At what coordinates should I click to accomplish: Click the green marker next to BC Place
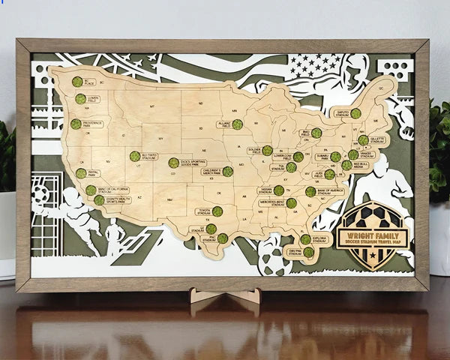click(77, 82)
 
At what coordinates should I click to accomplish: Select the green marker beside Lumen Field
click(80, 99)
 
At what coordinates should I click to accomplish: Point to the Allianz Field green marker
click(237, 124)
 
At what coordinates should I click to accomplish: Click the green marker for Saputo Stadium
click(355, 114)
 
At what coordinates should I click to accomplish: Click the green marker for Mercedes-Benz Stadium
click(291, 202)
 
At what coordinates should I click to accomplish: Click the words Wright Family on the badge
click(372, 232)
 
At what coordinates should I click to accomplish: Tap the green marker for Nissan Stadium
click(279, 190)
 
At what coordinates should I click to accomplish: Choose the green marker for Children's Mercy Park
click(228, 172)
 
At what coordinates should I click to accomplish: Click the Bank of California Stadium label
click(114, 190)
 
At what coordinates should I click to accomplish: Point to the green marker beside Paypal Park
click(81, 173)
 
